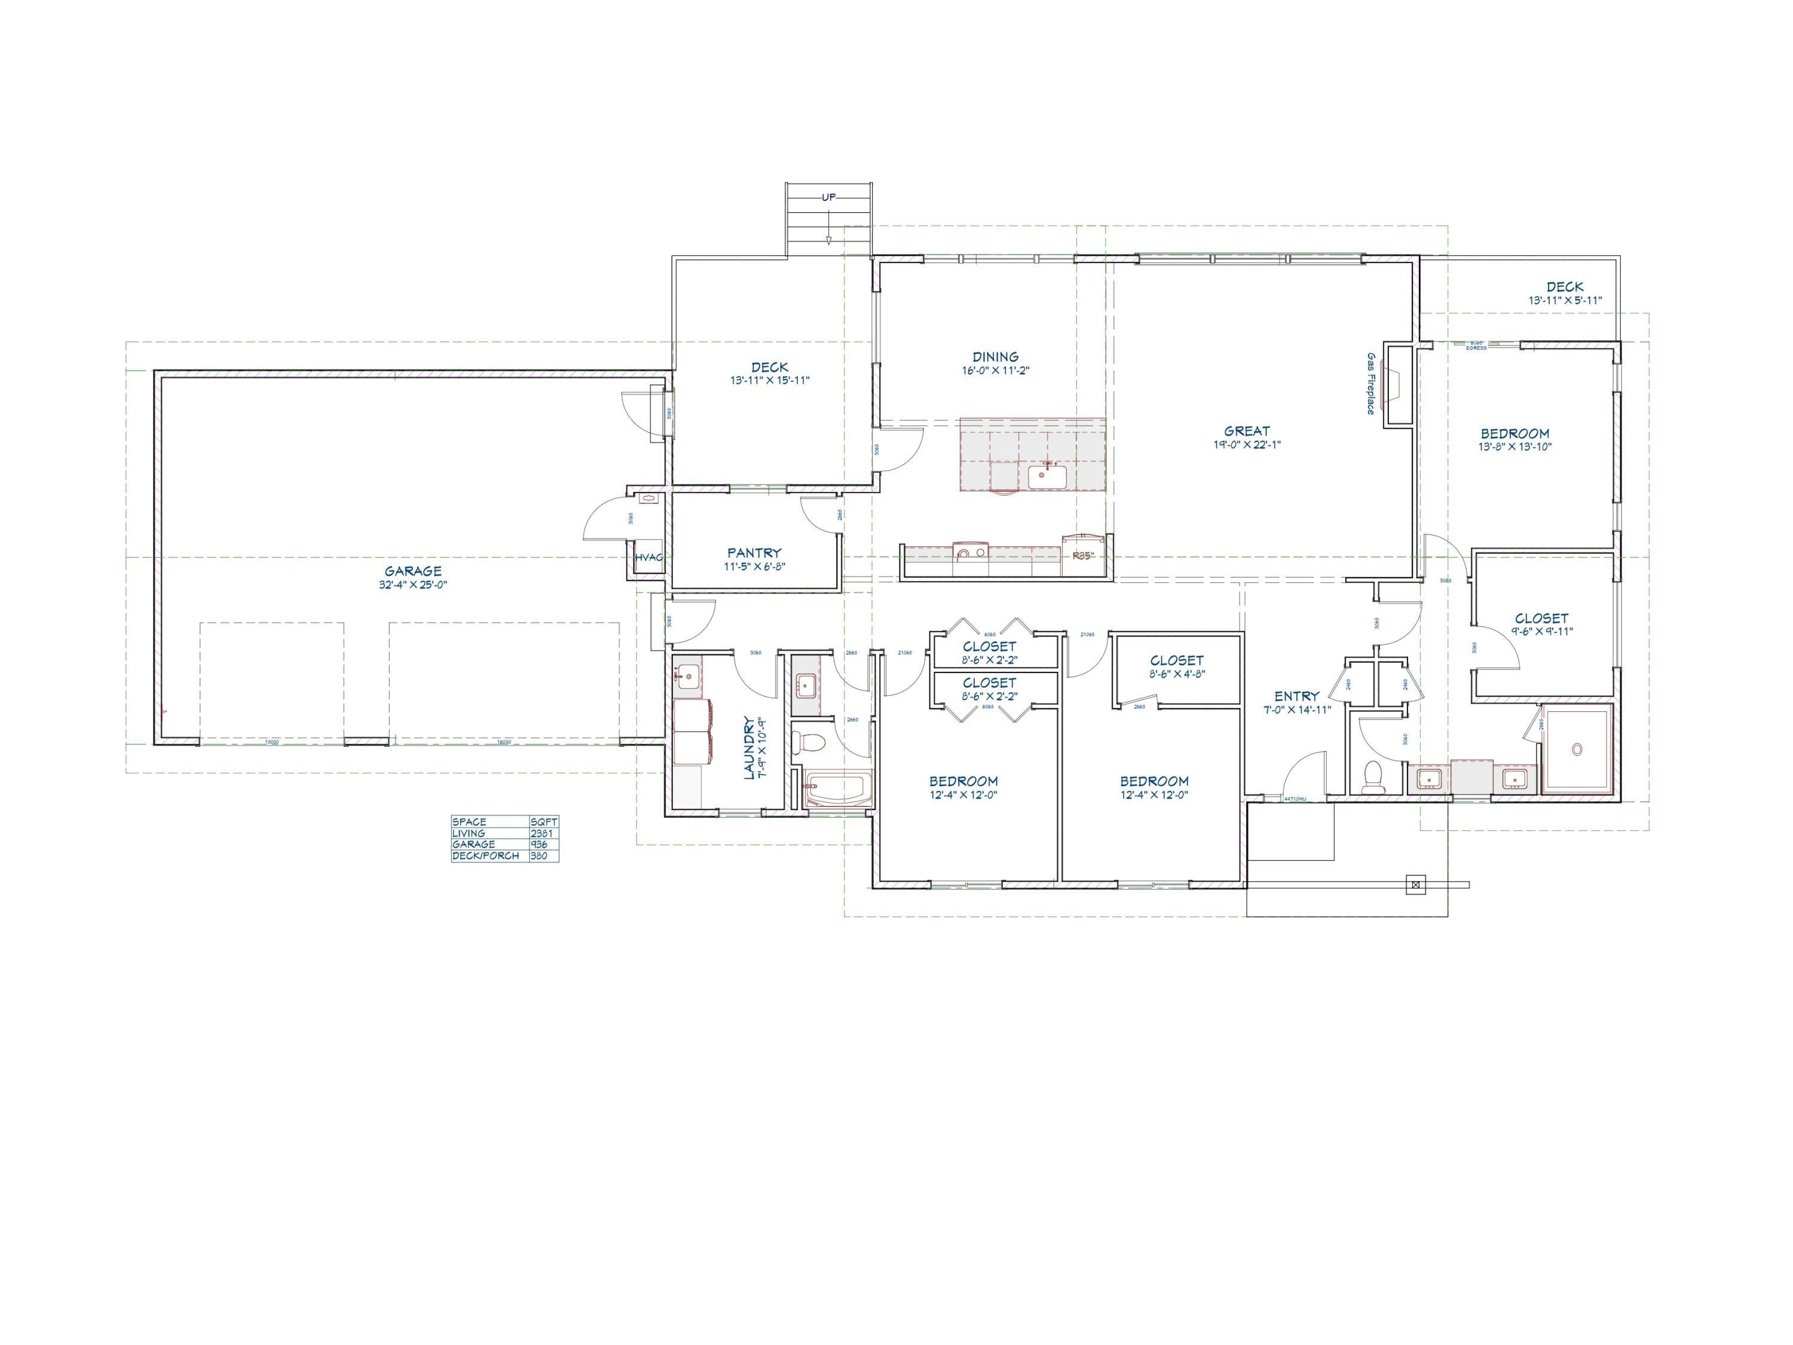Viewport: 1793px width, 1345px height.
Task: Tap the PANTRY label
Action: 754,553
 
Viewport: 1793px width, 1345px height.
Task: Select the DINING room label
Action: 995,357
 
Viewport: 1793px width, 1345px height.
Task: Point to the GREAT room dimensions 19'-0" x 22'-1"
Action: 1247,444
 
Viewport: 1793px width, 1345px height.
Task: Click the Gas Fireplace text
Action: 1370,384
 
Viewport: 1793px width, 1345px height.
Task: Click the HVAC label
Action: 648,558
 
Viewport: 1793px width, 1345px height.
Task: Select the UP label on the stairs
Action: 828,197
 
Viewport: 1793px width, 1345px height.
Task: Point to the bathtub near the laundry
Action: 838,789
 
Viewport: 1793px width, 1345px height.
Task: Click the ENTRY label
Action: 1296,696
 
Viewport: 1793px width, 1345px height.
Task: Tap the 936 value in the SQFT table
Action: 539,845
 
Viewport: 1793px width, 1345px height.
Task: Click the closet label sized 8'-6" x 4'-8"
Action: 1176,661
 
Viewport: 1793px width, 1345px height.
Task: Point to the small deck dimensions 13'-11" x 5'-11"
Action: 1565,300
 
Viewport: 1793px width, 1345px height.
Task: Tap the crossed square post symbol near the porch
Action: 1415,885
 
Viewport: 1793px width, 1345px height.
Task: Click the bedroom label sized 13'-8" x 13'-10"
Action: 1514,434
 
